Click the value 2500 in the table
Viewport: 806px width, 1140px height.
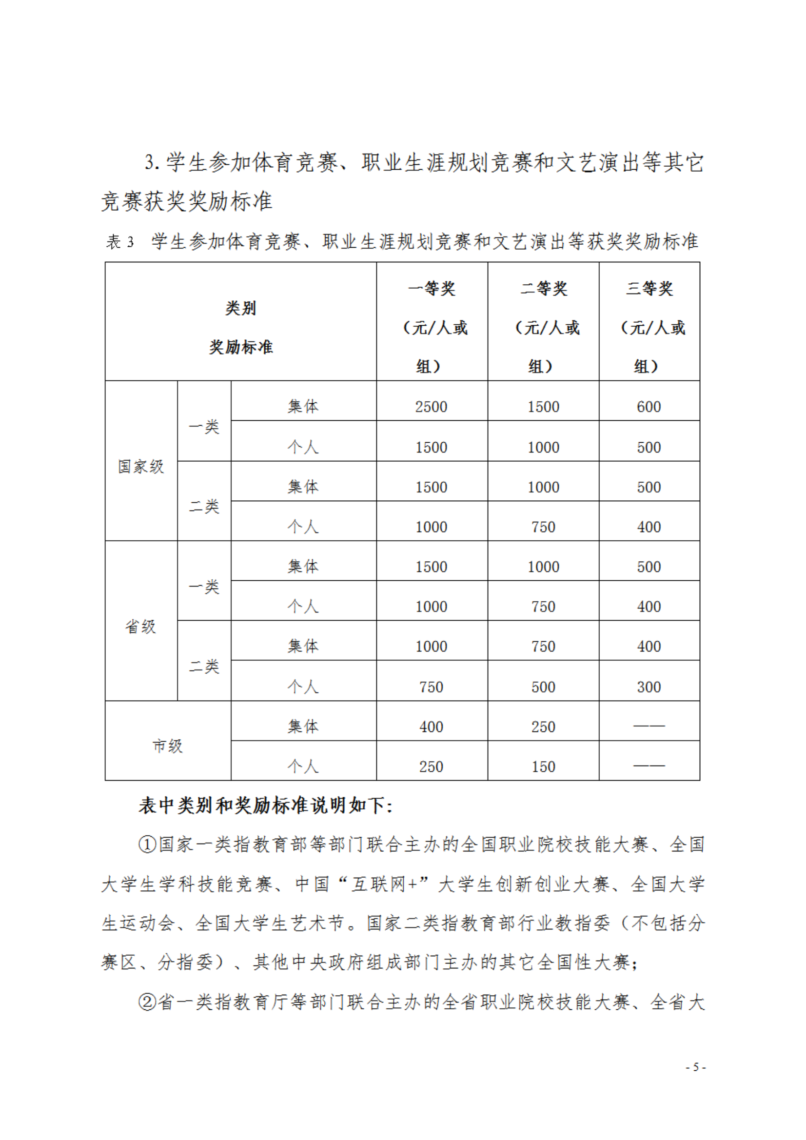pos(431,407)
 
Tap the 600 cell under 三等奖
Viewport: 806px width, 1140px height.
pos(649,407)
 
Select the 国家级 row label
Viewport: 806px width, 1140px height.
pos(141,466)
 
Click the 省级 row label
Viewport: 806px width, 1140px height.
pos(141,626)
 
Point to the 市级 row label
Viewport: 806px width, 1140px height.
pos(167,746)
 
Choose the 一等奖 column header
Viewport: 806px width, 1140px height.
pos(432,289)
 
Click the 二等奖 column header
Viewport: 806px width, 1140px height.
pos(543,289)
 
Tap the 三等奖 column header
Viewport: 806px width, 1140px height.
pos(649,289)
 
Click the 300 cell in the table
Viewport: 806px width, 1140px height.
pos(649,687)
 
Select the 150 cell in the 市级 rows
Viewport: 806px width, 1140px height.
pos(543,767)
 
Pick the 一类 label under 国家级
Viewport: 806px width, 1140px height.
pos(204,427)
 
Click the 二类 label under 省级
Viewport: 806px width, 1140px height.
pos(204,667)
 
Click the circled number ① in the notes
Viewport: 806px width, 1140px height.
pos(147,845)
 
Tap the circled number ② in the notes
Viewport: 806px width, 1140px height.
pos(147,1002)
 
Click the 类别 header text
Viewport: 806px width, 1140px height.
pos(241,308)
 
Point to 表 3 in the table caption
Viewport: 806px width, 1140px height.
pos(119,242)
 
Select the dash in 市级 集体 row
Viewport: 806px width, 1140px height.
pos(649,726)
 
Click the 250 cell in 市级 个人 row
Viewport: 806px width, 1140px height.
pos(431,767)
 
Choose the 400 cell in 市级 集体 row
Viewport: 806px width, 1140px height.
pos(431,727)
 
